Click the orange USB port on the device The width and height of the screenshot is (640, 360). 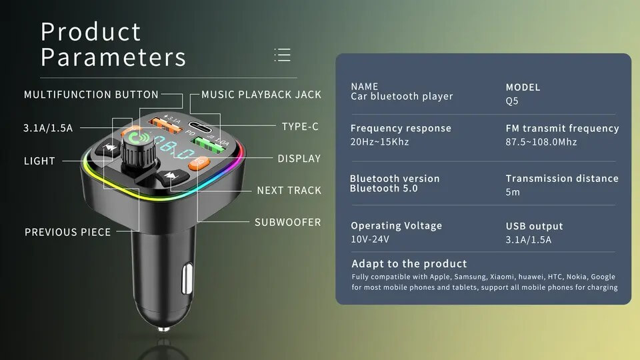(165, 125)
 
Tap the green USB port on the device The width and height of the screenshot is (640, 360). (209, 145)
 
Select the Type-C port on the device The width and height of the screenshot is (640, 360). (201, 127)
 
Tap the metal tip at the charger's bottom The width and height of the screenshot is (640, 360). (164, 329)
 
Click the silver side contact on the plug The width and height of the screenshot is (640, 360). (187, 279)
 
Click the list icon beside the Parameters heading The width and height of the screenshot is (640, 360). (283, 55)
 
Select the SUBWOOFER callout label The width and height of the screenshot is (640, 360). (288, 223)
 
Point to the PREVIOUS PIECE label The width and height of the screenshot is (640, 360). (68, 232)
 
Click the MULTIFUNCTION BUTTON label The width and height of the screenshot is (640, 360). (91, 95)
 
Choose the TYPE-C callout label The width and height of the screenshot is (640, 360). (300, 127)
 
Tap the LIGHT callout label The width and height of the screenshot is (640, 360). (39, 161)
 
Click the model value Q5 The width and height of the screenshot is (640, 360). (512, 101)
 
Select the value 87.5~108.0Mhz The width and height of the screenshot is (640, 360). (541, 142)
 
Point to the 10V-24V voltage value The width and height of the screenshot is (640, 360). (370, 239)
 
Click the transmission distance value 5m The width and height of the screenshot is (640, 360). (513, 192)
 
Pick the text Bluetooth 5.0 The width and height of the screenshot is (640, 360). (384, 188)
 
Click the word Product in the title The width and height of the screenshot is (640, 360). (91, 32)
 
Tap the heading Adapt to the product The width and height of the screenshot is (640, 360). (409, 264)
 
